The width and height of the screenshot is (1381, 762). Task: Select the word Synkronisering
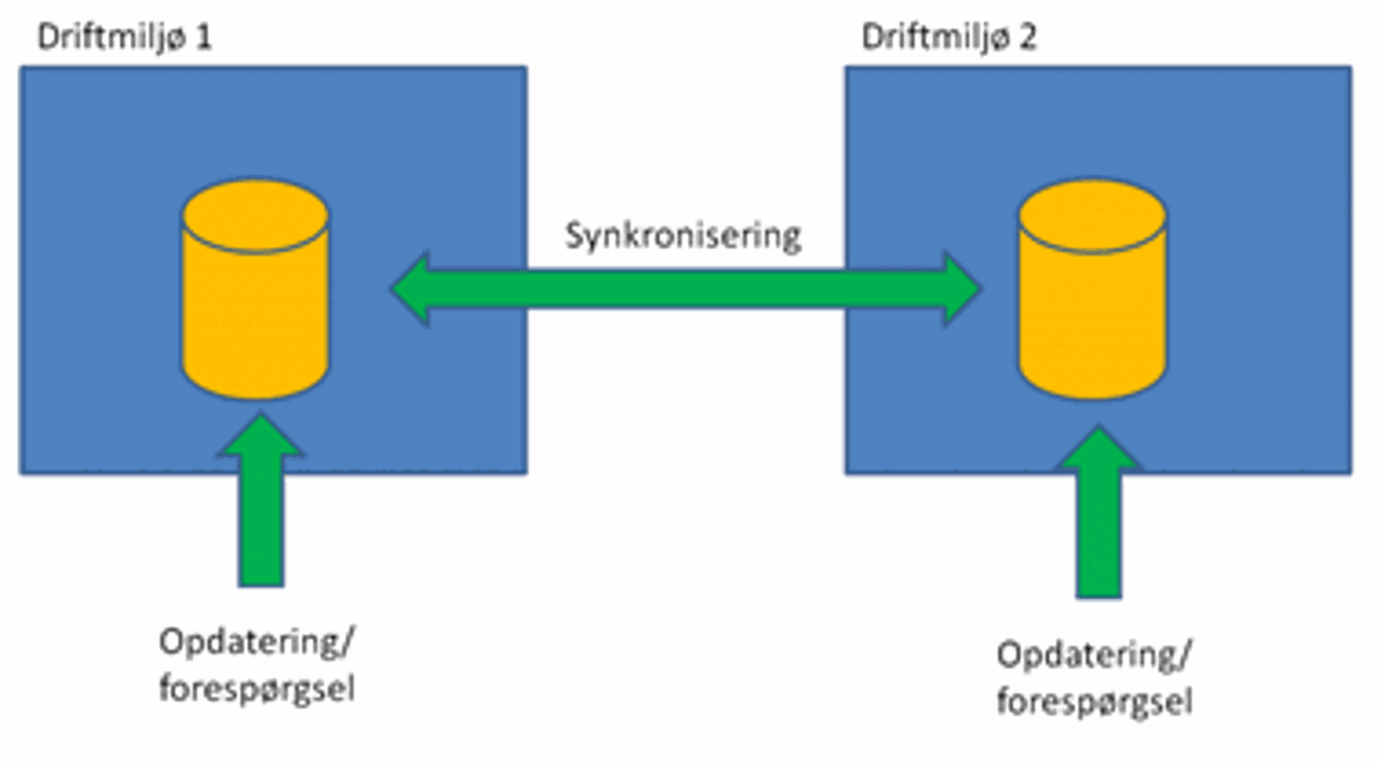tap(684, 236)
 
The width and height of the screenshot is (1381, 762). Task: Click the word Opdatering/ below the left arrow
tap(255, 644)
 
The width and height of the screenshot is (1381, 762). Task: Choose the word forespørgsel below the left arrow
tap(256, 689)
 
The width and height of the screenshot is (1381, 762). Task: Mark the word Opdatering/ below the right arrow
tap(1093, 655)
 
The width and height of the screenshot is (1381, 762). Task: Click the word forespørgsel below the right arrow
tap(1094, 701)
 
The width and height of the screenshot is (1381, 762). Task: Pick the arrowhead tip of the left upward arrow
tap(261, 417)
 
